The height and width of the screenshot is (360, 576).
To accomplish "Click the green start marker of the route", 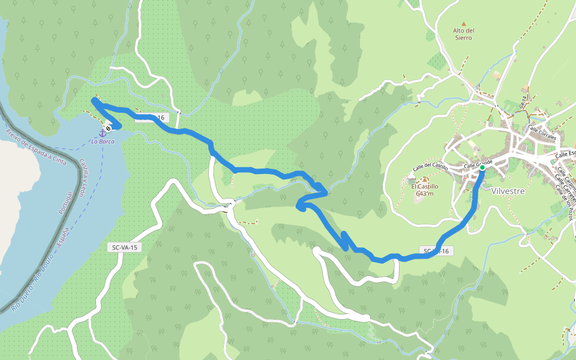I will pos(482,168).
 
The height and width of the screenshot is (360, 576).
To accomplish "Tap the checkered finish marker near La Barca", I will pos(107,128).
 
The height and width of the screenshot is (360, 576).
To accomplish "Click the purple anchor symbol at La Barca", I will pos(102,134).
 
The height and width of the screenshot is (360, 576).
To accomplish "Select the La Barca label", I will pos(103,142).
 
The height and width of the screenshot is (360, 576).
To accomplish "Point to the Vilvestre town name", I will pos(508,191).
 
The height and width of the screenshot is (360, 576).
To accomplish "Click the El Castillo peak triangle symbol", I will pos(424,179).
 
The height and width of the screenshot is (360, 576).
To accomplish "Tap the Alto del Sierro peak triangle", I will pos(463,23).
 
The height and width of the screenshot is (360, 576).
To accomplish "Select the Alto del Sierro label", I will pos(463,34).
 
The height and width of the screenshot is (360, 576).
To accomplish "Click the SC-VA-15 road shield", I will pos(125,247).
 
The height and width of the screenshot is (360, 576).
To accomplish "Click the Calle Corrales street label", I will pos(542,133).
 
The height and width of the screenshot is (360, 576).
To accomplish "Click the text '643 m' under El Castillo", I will pos(424,193).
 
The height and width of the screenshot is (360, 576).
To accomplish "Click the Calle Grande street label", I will pos(478,163).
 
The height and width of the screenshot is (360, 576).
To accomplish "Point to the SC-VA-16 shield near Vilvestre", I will pos(436,251).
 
